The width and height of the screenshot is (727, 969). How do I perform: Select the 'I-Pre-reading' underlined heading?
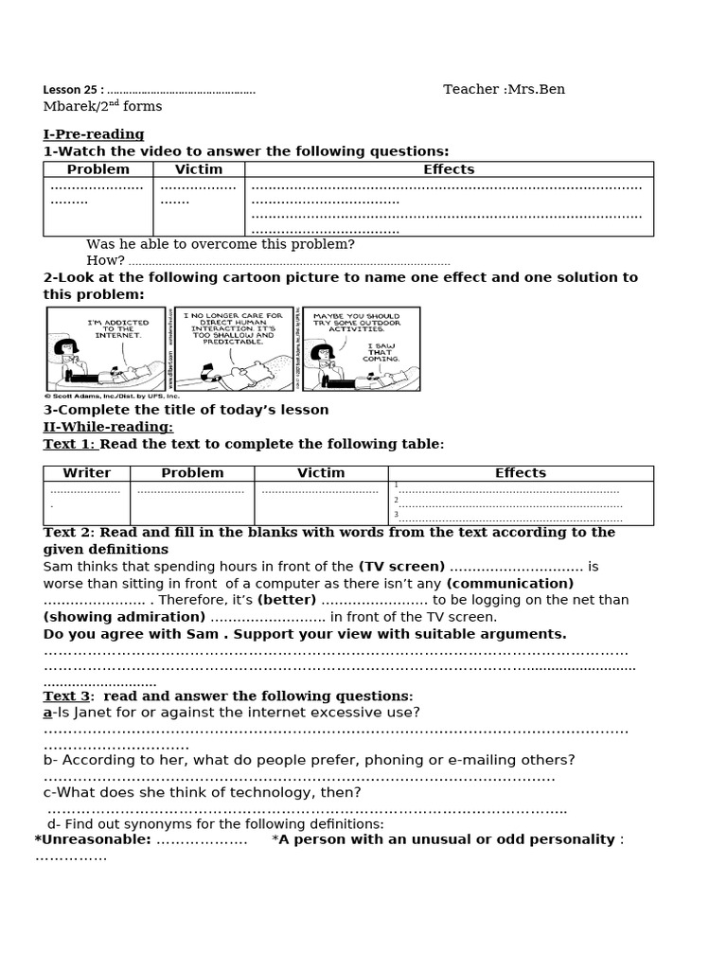pos(94,134)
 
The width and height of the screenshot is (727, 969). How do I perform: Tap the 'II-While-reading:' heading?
pos(108,427)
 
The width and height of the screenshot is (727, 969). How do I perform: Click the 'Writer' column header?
pos(87,473)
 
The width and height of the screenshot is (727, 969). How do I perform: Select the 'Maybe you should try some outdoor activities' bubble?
pos(356,323)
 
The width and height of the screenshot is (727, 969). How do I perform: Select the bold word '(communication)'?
pos(510,584)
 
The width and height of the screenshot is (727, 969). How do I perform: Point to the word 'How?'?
pos(105,260)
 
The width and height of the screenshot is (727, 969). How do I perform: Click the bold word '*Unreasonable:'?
pos(93,839)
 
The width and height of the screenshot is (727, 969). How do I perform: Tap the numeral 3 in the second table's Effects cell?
pos(396,515)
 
